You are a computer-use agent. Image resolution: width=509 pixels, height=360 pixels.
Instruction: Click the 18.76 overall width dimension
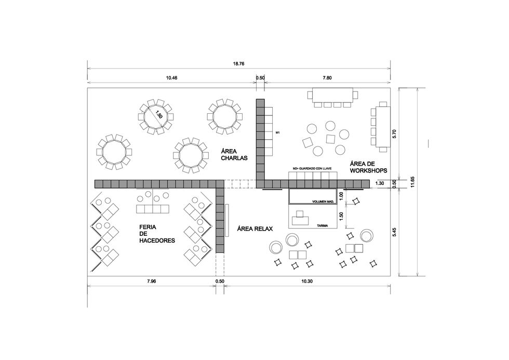[238, 63]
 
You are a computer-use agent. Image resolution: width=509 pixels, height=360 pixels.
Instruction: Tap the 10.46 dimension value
[172, 77]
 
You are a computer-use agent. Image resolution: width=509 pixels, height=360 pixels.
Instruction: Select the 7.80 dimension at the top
[327, 77]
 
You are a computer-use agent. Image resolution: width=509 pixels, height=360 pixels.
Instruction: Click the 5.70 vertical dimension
[394, 134]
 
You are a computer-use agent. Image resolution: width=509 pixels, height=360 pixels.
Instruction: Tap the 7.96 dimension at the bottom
[151, 281]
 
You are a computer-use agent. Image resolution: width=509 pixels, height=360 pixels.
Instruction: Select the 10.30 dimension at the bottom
[307, 281]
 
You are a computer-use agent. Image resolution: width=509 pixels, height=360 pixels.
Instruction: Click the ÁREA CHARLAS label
[234, 154]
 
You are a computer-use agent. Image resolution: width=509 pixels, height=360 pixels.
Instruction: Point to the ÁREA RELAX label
[255, 229]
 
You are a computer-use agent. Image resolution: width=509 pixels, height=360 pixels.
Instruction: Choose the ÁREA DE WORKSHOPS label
[368, 167]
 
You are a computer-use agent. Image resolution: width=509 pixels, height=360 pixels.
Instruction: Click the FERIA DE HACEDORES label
[157, 234]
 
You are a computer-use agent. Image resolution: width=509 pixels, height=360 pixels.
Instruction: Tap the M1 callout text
[277, 133]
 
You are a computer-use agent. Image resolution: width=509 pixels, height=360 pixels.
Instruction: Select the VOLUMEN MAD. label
[323, 202]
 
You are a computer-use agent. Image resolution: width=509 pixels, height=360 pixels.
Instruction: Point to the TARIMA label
[323, 225]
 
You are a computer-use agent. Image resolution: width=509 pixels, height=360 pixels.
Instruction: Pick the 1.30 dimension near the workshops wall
[380, 183]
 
